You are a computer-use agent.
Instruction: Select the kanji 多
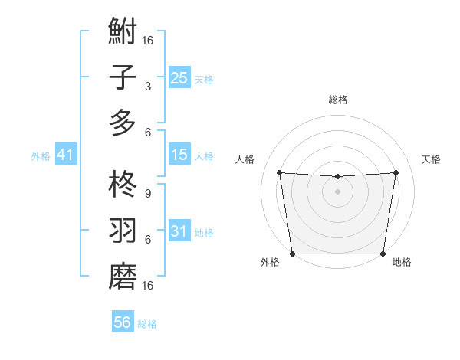pyautogui.click(x=123, y=123)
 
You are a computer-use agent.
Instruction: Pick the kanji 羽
pyautogui.click(x=123, y=230)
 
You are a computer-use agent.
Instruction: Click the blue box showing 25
pyautogui.click(x=179, y=77)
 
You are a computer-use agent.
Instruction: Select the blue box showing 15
pyautogui.click(x=179, y=155)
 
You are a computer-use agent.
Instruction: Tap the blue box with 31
pyautogui.click(x=179, y=231)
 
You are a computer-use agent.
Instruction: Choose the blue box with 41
pyautogui.click(x=65, y=155)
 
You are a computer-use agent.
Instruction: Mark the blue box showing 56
pyautogui.click(x=123, y=322)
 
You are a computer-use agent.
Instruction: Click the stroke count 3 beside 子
pyautogui.click(x=147, y=86)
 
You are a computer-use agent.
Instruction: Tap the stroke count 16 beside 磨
pyautogui.click(x=148, y=285)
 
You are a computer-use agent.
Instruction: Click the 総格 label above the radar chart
pyautogui.click(x=337, y=100)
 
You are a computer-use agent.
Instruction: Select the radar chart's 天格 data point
pyautogui.click(x=396, y=172)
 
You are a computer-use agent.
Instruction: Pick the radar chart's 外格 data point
pyautogui.click(x=292, y=254)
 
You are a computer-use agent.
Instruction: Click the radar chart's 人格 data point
pyautogui.click(x=279, y=172)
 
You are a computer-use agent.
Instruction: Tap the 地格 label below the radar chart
pyautogui.click(x=402, y=263)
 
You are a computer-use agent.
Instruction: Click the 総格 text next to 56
pyautogui.click(x=147, y=324)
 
